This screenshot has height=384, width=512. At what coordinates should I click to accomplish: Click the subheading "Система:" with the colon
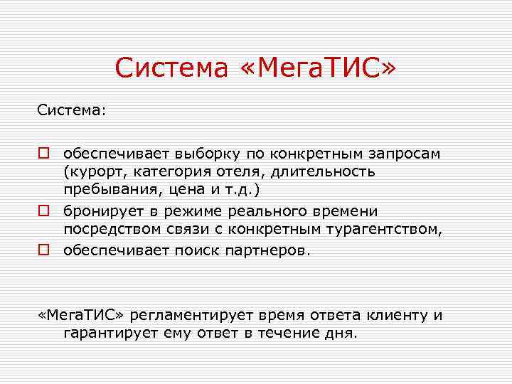[72, 111]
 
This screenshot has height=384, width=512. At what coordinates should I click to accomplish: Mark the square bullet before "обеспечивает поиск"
[44, 250]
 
